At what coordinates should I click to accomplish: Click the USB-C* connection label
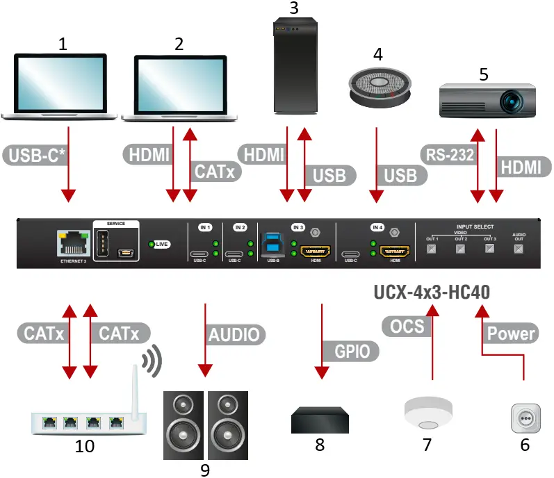tap(37, 154)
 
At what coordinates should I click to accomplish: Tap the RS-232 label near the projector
tap(448, 154)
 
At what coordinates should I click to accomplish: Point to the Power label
tap(511, 333)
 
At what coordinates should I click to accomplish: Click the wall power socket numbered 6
tap(526, 421)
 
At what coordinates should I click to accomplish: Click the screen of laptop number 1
tap(63, 85)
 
